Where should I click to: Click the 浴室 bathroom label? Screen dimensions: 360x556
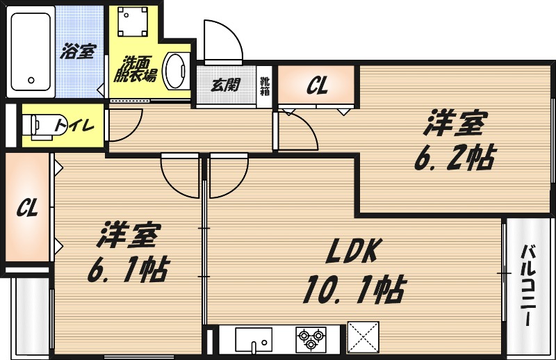click(x=78, y=51)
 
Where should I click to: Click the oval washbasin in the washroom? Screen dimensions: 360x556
click(x=178, y=72)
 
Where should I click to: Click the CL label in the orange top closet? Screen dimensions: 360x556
click(x=317, y=85)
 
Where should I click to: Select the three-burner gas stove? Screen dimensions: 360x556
click(x=311, y=338)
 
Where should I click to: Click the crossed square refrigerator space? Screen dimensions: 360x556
click(x=363, y=338)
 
